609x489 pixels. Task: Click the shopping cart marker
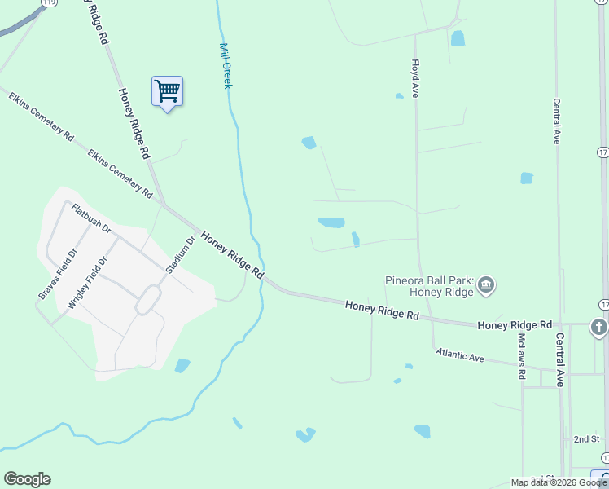coord(167,91)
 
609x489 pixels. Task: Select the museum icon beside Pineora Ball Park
coord(486,284)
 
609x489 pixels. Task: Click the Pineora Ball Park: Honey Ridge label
coord(429,286)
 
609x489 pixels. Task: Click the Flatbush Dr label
coord(90,218)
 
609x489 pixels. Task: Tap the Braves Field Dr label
coord(57,272)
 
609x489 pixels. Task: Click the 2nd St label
coord(585,438)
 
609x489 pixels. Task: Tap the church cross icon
coord(599,328)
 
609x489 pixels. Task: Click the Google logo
coord(27,479)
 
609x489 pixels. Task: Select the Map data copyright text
coord(559,482)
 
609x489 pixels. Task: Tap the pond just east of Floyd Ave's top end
coord(458,37)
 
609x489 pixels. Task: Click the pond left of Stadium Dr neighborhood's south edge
coord(182,366)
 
